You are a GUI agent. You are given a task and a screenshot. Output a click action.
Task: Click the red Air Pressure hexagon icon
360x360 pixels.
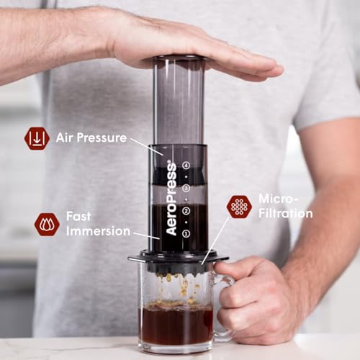37,138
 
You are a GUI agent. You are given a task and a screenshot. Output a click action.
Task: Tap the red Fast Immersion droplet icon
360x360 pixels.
47,224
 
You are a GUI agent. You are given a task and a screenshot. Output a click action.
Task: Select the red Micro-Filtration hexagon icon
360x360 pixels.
239,207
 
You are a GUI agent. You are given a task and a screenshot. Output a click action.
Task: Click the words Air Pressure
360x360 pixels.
91,138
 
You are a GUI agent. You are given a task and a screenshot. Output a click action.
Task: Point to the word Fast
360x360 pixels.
78,216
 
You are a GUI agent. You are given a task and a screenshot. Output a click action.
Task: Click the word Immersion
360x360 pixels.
99,231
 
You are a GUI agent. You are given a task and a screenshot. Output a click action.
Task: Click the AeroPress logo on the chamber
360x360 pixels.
171,198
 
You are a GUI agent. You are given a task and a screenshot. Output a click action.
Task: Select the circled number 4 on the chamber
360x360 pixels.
186,165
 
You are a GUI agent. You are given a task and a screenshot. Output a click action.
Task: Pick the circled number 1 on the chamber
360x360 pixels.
186,233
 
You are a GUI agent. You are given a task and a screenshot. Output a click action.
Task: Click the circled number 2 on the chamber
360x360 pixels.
186,211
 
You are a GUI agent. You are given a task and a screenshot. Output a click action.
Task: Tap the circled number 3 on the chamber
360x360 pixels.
186,188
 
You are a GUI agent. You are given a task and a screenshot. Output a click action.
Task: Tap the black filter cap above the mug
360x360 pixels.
178,258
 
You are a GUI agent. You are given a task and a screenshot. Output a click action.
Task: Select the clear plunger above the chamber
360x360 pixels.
179,101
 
